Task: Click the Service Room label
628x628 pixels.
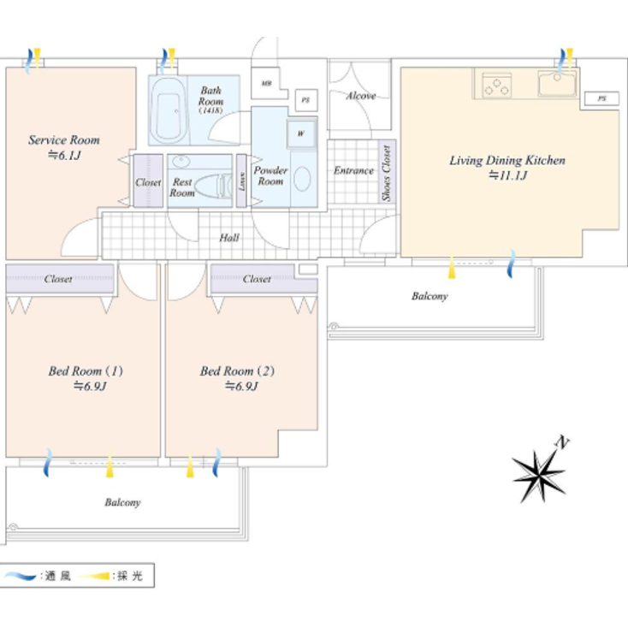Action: [x=63, y=139]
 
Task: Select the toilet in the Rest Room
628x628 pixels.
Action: [x=213, y=186]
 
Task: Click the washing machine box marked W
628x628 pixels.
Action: [x=301, y=133]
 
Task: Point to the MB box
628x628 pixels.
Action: [x=268, y=83]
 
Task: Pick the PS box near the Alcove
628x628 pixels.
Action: [x=305, y=100]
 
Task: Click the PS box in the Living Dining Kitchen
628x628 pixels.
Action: [x=601, y=99]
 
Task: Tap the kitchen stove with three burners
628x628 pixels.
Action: [x=496, y=85]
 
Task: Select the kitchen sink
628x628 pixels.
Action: [x=556, y=84]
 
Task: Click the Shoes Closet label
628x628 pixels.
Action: [x=387, y=173]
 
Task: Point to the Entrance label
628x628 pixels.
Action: [x=353, y=170]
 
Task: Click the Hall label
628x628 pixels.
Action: [x=229, y=238]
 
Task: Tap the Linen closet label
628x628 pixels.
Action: [x=242, y=181]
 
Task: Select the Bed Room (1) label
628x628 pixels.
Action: [x=86, y=371]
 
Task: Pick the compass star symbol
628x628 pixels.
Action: [x=538, y=473]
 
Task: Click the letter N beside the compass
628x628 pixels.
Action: [x=562, y=442]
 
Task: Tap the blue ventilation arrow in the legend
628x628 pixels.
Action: [x=21, y=577]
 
